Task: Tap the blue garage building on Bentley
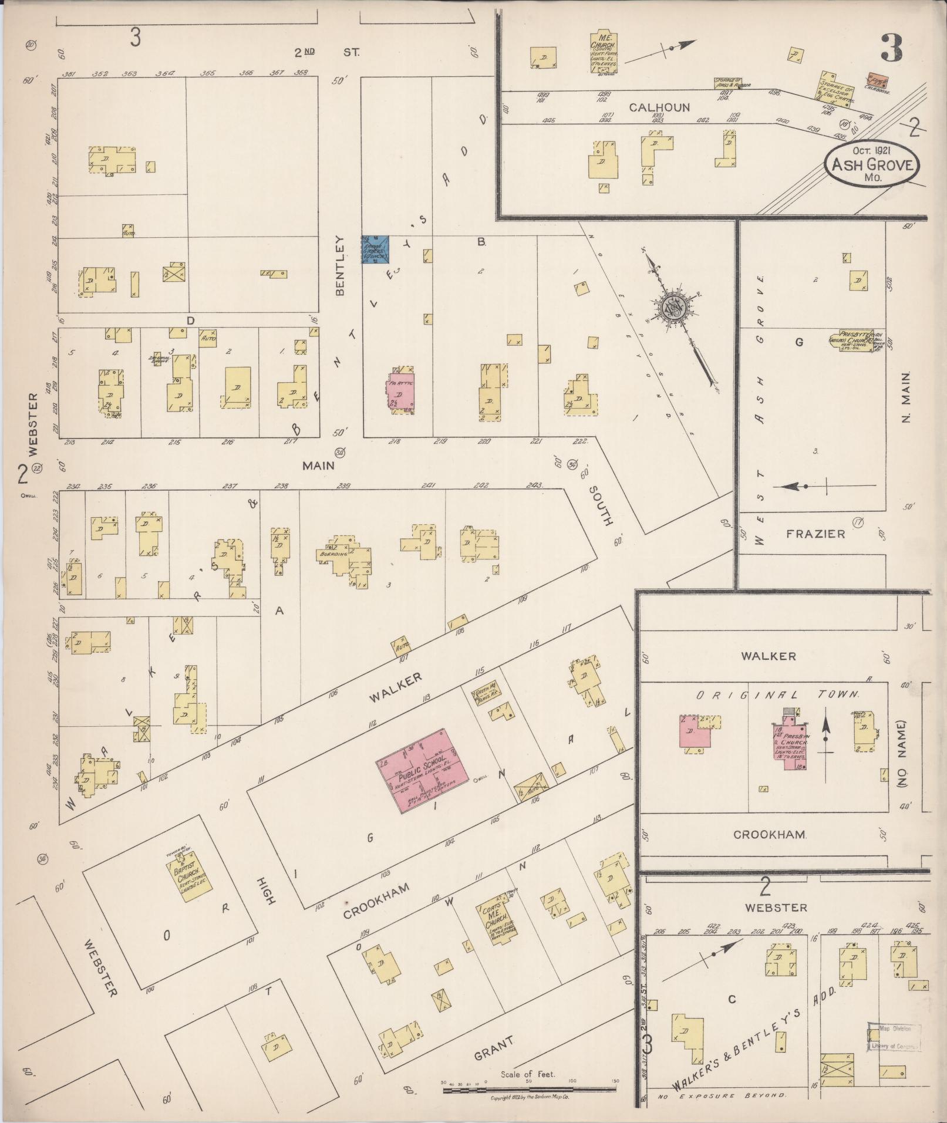pos(375,249)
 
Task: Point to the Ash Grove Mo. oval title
pos(872,165)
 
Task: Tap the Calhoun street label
pos(659,107)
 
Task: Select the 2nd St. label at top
pos(327,52)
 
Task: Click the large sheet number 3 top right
pos(891,48)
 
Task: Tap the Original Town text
pos(777,694)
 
